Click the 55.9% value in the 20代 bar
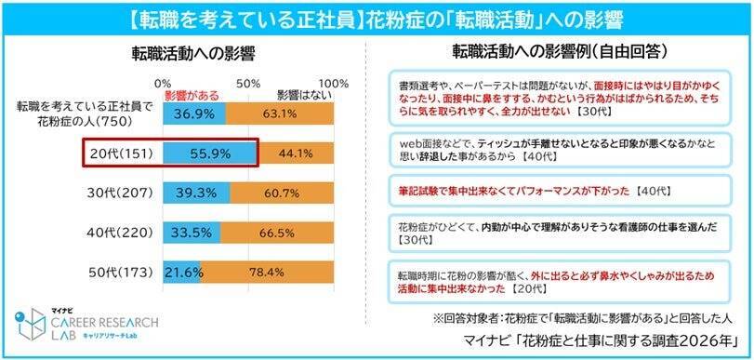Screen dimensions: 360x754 [x=209, y=152]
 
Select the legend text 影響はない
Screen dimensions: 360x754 [x=302, y=95]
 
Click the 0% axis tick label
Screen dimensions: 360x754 [x=164, y=83]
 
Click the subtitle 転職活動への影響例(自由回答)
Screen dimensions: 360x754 [x=562, y=51]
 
